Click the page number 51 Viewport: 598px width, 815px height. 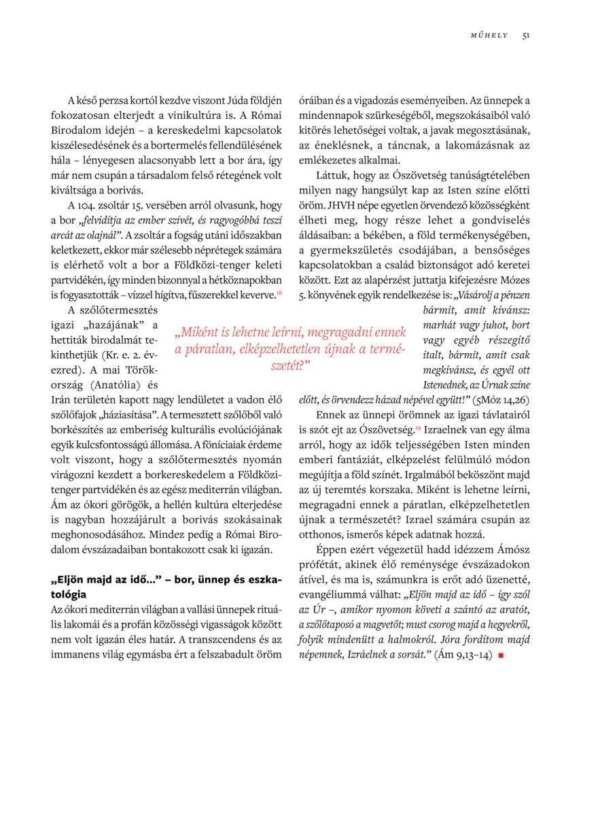(526, 35)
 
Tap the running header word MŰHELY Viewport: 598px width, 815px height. (489, 35)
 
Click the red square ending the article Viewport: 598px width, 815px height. (501, 655)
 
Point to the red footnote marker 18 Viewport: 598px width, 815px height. (279, 292)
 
